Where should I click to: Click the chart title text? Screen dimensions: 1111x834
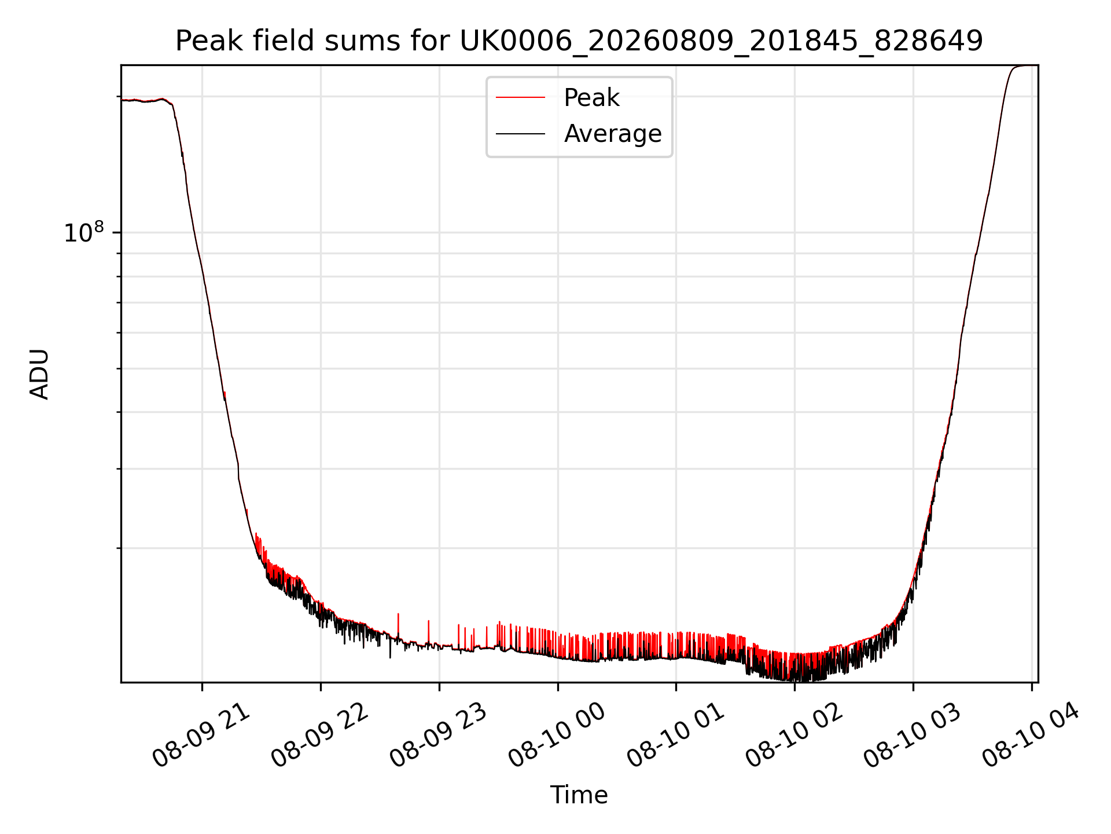[579, 41]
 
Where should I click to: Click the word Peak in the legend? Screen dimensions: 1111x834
[591, 98]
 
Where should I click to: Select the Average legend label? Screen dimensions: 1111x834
[613, 134]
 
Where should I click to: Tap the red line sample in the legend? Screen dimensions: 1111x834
[520, 98]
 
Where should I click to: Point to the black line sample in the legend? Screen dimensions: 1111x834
[520, 134]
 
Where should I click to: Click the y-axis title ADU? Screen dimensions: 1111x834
[39, 374]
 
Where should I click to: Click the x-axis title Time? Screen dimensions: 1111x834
[579, 795]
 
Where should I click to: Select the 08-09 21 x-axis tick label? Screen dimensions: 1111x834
[201, 736]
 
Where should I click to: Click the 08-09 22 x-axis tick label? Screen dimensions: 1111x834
[320, 736]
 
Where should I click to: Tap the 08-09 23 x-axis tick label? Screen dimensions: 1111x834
[439, 736]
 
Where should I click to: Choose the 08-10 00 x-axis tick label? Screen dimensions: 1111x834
[557, 736]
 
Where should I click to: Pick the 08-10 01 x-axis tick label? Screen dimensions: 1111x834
[676, 736]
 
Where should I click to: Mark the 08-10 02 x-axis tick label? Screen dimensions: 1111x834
[794, 736]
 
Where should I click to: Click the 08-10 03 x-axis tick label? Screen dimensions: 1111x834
[913, 736]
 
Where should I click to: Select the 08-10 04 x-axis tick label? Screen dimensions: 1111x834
[1031, 736]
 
